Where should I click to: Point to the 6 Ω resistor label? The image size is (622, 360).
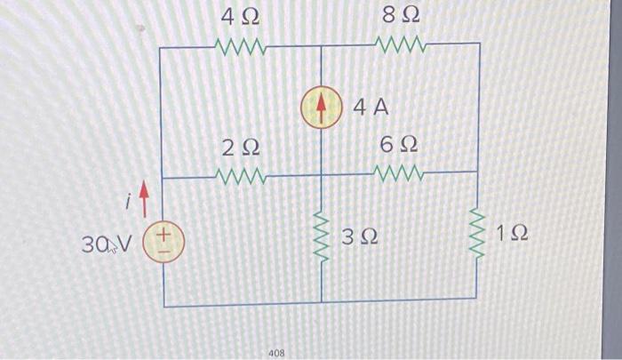[398, 145]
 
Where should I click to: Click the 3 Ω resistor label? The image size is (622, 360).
[360, 237]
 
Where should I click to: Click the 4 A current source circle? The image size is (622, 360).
[321, 108]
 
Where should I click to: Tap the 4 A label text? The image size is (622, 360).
[371, 108]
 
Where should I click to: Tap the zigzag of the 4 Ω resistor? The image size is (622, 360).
[241, 44]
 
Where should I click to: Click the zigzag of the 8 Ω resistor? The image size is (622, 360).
[401, 44]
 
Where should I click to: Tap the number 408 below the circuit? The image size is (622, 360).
[276, 353]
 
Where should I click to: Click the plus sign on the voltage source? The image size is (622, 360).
[166, 236]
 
